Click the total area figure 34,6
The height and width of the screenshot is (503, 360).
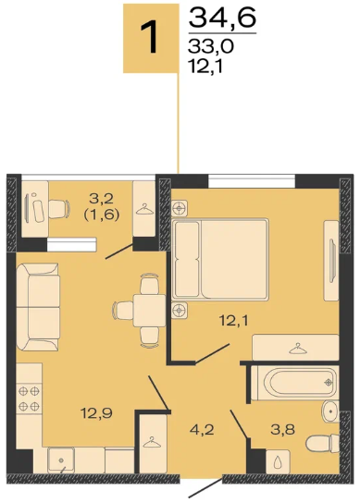222,18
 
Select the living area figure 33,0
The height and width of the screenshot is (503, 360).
211,47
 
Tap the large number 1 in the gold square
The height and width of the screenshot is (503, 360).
149,37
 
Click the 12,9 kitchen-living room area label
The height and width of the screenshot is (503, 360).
96,413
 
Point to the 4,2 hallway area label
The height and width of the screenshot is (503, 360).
202,429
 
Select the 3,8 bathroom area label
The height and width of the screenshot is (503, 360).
282,429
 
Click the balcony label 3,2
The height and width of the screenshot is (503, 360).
102,199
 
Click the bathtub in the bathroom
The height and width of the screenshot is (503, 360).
295,383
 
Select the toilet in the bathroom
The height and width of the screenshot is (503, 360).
322,443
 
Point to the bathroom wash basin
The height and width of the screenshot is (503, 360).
330,411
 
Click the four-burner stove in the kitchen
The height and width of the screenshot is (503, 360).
29,399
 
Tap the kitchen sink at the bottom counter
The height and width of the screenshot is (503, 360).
61,460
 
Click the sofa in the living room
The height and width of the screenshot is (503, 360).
38,307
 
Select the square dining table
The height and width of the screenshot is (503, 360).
149,311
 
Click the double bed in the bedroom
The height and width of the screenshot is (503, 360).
220,259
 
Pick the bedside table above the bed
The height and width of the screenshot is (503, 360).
180,209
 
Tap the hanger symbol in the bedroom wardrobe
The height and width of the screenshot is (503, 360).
298,349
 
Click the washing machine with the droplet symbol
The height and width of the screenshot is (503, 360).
278,461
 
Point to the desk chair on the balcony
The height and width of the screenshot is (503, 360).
59,209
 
